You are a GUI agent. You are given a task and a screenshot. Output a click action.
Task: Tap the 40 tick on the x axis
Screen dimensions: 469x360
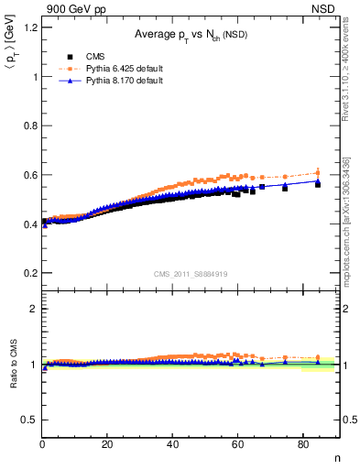172,445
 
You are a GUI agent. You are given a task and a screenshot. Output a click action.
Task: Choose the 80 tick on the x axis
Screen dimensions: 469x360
302,445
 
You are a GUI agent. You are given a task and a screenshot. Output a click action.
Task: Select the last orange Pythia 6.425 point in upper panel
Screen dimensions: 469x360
318,172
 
